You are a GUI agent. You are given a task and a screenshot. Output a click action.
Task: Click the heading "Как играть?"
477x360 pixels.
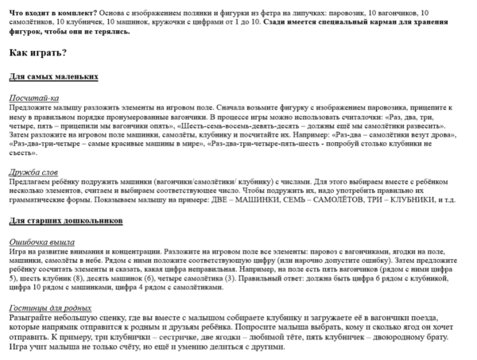tap(37, 53)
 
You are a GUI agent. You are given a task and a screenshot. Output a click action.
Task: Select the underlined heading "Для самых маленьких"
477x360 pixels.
tap(53, 76)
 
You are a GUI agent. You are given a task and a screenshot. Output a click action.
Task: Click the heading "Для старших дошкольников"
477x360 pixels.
tap(65, 219)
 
